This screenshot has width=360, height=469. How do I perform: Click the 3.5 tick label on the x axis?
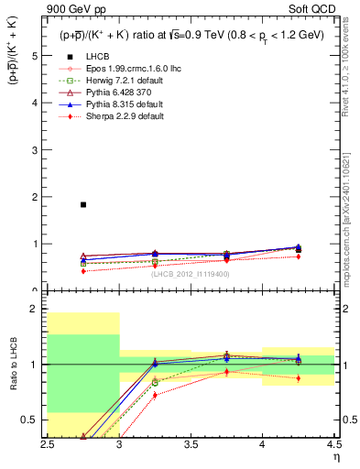pos(191,443)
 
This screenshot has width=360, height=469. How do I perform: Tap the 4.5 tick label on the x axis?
pos(333,443)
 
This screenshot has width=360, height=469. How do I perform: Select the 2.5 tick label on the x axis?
pos(49,443)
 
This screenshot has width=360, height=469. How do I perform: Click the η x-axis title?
pos(335,456)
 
